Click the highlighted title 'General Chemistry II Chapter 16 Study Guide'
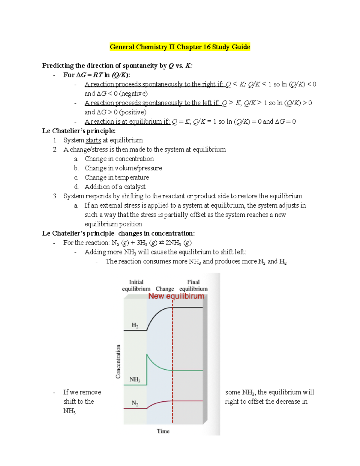click(x=180, y=47)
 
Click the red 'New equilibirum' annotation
click(x=176, y=296)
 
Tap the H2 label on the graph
click(x=135, y=325)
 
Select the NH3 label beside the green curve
click(x=135, y=380)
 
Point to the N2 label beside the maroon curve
click(x=135, y=403)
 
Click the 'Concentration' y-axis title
click(x=118, y=361)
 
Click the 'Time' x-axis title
click(x=163, y=431)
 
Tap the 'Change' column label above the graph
click(x=165, y=289)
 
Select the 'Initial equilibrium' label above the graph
click(x=136, y=285)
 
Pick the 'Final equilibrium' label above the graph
click(x=193, y=285)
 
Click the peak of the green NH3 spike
click(x=147, y=355)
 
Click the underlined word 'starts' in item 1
click(x=93, y=140)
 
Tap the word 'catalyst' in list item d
click(x=135, y=187)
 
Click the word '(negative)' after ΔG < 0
click(x=133, y=94)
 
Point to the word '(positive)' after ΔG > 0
click(x=133, y=112)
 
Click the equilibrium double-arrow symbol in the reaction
click(x=161, y=242)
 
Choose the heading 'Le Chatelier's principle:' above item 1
click(x=79, y=131)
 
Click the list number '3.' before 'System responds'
click(x=55, y=196)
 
